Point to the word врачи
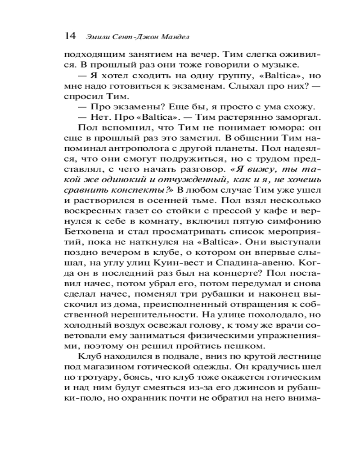[x=284, y=325]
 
